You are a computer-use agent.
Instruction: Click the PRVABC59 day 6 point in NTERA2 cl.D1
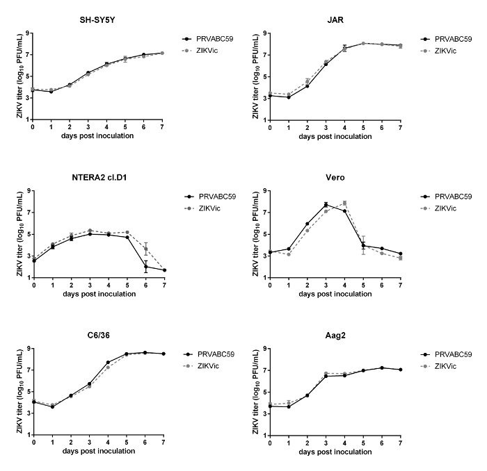[x=146, y=266]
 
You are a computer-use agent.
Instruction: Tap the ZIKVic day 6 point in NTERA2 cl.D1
[x=146, y=249]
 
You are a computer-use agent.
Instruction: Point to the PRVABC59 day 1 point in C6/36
[x=52, y=406]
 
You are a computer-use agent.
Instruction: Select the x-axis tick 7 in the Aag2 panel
[x=400, y=442]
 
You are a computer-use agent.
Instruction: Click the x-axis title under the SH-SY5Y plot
[x=97, y=135]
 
